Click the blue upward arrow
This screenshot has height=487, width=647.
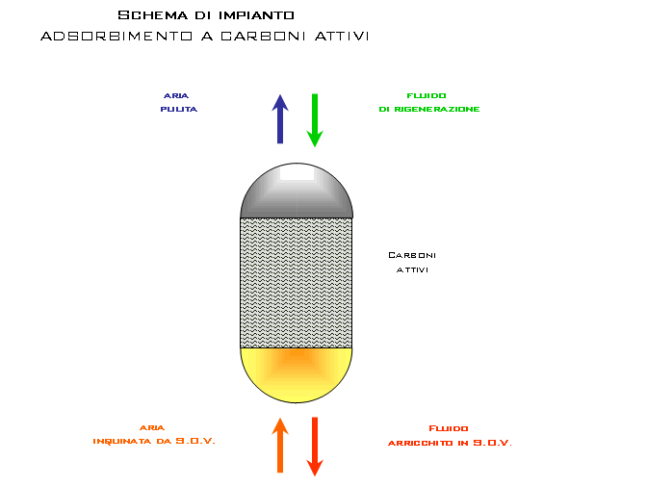(280, 118)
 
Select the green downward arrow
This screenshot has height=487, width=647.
(315, 120)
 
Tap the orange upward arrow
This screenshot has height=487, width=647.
(280, 445)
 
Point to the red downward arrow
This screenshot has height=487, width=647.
(315, 447)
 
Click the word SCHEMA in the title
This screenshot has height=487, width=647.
(153, 15)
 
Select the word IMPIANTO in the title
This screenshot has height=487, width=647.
(256, 15)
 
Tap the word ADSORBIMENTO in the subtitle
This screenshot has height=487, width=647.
(116, 37)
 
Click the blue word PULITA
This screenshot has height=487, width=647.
(179, 110)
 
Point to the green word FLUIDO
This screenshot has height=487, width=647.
(427, 95)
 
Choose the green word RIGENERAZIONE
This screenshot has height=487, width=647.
(437, 110)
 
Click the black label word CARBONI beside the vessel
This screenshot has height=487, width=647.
(412, 255)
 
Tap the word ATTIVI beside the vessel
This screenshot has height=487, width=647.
(412, 270)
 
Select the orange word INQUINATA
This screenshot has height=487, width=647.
(122, 441)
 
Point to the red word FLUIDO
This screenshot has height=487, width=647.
(449, 428)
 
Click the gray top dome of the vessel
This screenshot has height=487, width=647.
(297, 193)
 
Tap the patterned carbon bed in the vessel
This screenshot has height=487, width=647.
(297, 283)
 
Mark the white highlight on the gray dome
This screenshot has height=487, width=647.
(297, 172)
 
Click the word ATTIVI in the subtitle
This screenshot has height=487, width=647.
(342, 37)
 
